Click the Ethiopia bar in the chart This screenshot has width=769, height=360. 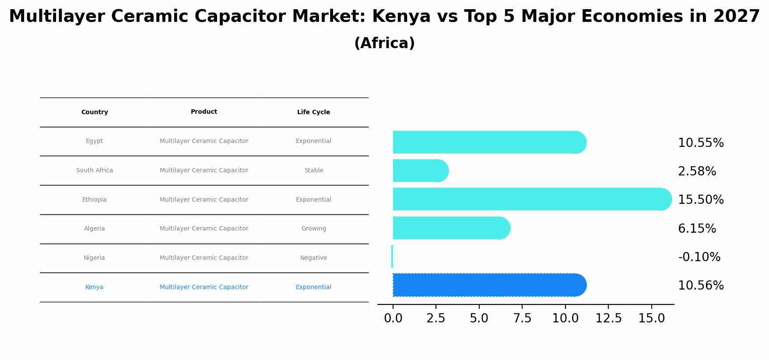tap(532, 199)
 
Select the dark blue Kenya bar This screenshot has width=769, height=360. tap(489, 285)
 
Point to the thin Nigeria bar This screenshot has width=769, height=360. tap(392, 256)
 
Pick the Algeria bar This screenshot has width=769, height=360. tap(451, 228)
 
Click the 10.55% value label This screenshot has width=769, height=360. tap(701, 143)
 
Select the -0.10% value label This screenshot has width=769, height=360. tap(699, 257)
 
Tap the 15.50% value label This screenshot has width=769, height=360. tap(701, 200)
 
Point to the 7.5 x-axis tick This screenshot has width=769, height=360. tap(522, 318)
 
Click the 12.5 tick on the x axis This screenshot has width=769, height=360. tap(608, 318)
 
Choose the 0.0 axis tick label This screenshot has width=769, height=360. tap(393, 318)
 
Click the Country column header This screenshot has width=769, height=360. tap(95, 112)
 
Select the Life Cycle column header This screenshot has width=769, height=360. tap(313, 112)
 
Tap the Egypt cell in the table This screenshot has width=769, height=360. tap(95, 141)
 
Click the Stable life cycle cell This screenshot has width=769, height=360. tap(314, 171)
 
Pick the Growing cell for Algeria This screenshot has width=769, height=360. tap(314, 229)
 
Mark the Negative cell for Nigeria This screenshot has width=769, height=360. tap(314, 258)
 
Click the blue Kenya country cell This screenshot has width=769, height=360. tap(95, 287)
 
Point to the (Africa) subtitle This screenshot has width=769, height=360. tap(384, 43)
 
